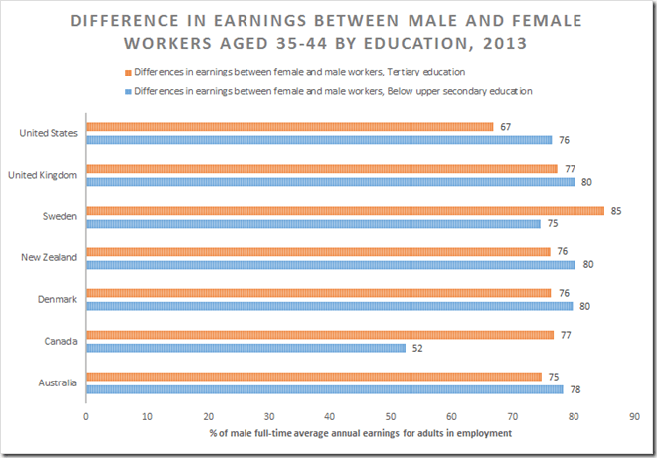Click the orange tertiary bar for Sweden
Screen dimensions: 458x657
click(x=345, y=210)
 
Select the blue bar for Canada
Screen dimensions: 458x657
click(x=246, y=348)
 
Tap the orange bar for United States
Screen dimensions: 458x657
click(x=289, y=126)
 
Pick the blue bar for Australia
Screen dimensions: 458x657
click(x=324, y=389)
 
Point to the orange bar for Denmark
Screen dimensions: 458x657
click(x=318, y=293)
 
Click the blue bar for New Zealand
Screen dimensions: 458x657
click(x=330, y=264)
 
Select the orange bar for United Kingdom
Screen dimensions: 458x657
click(x=321, y=168)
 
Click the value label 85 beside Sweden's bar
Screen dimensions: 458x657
click(x=617, y=211)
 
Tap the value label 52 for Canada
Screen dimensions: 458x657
click(x=417, y=349)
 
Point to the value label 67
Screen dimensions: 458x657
click(x=506, y=127)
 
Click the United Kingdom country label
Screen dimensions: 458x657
click(x=43, y=175)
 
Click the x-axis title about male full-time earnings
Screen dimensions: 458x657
click(x=361, y=434)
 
